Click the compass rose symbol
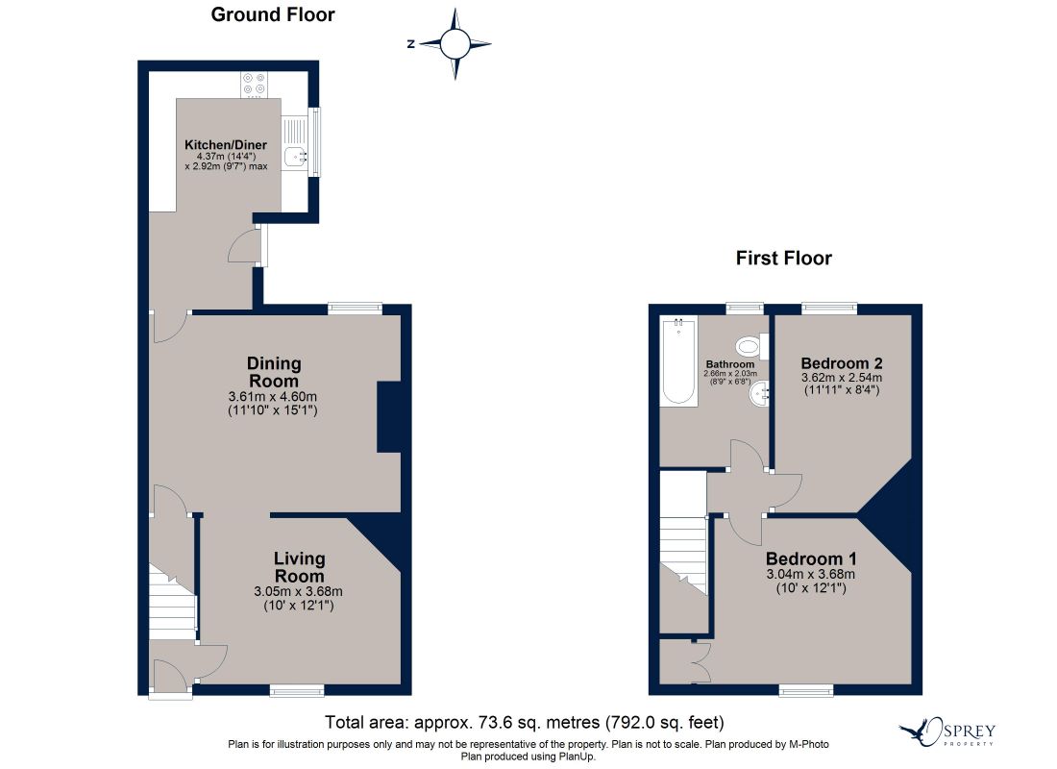pyautogui.click(x=455, y=44)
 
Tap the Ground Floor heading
pyautogui.click(x=273, y=14)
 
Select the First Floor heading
pyautogui.click(x=784, y=259)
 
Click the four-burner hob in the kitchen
pyautogui.click(x=254, y=85)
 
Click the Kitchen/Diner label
pyautogui.click(x=226, y=145)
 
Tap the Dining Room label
pyautogui.click(x=274, y=372)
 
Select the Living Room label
pyautogui.click(x=299, y=567)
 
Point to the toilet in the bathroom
pyautogui.click(x=752, y=347)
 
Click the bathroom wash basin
pyautogui.click(x=759, y=393)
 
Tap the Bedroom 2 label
pyautogui.click(x=842, y=363)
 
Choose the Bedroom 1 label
pyautogui.click(x=811, y=559)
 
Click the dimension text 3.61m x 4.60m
pyautogui.click(x=273, y=397)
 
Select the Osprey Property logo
pyautogui.click(x=947, y=732)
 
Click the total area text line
pyautogui.click(x=525, y=723)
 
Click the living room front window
pyautogui.click(x=297, y=690)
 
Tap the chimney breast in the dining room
pyautogui.click(x=389, y=417)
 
